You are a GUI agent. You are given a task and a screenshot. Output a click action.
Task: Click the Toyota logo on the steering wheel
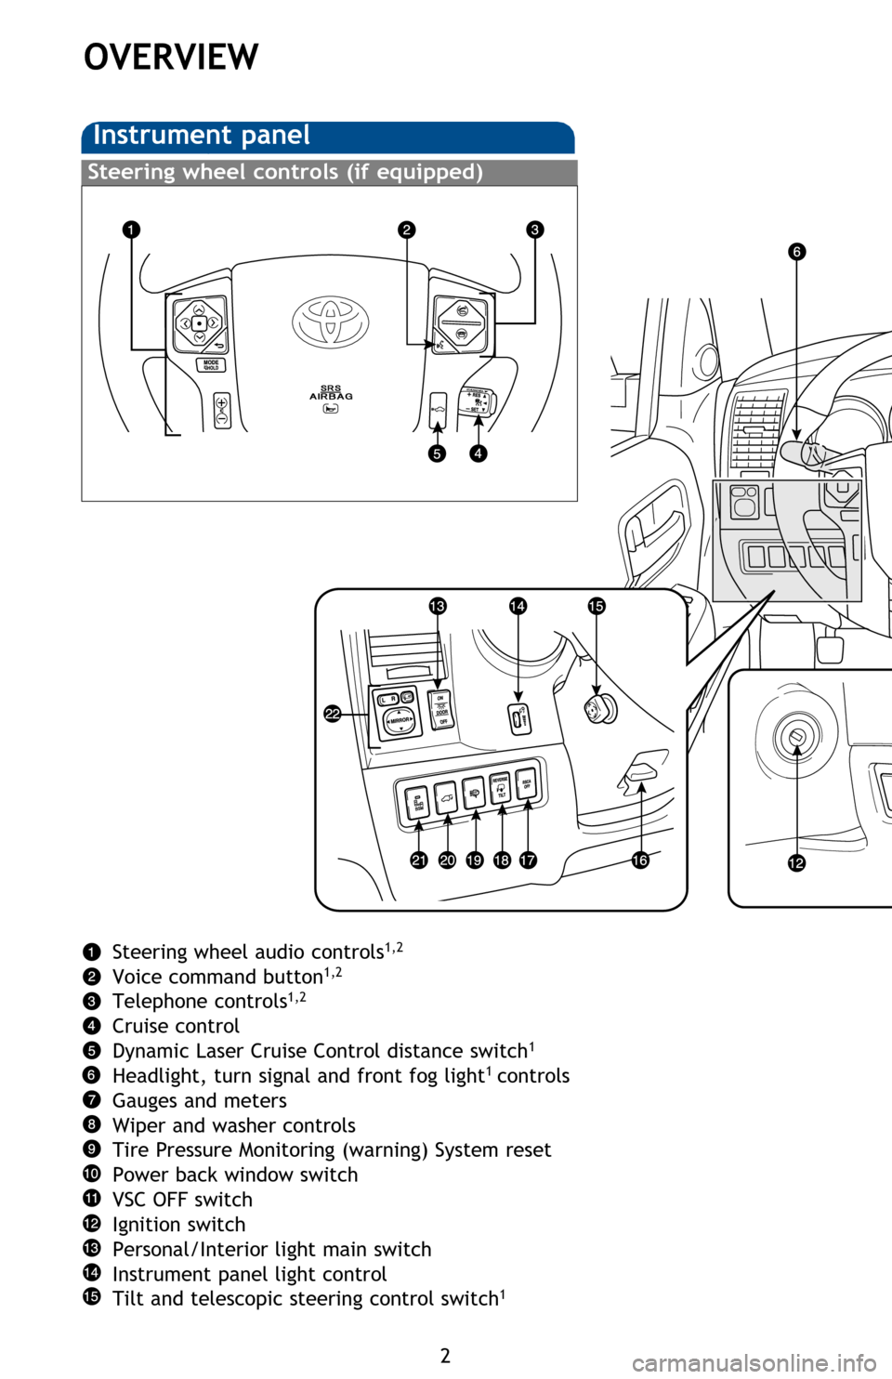click(x=330, y=322)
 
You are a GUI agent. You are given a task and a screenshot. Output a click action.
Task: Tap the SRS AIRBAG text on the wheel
click(x=331, y=392)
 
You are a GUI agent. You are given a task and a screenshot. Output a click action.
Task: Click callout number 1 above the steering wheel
click(x=131, y=230)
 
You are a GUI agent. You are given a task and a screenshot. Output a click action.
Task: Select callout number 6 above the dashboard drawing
click(x=796, y=252)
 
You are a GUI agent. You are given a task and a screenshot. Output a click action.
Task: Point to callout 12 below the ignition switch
click(x=796, y=863)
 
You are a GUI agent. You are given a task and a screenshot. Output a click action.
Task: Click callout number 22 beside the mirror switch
click(x=333, y=714)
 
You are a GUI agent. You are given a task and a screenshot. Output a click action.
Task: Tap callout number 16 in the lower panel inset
click(x=640, y=860)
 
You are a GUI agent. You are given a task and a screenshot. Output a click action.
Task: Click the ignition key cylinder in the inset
click(x=795, y=738)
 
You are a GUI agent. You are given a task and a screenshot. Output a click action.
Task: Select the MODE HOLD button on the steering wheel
click(x=211, y=365)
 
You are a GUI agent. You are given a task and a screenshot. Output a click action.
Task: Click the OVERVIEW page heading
click(x=171, y=58)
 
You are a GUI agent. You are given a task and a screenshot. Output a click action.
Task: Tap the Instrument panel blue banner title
click(x=202, y=136)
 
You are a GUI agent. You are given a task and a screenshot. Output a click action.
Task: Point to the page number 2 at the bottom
click(x=445, y=1355)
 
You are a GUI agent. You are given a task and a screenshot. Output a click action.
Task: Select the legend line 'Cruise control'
click(x=176, y=1026)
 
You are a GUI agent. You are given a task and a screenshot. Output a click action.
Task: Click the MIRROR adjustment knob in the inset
click(x=400, y=720)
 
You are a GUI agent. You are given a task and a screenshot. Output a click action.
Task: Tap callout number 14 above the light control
click(x=518, y=606)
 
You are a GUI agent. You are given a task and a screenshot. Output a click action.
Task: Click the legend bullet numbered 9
click(x=91, y=1149)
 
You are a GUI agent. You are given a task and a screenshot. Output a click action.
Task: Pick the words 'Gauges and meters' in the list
click(x=199, y=1100)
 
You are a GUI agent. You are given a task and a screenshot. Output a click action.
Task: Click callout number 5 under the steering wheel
click(x=437, y=453)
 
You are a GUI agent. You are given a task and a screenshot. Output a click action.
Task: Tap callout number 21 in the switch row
click(x=419, y=860)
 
